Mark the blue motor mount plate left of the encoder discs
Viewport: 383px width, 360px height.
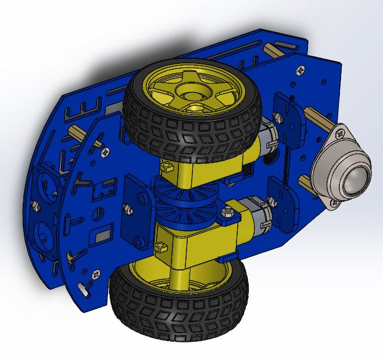[138, 212]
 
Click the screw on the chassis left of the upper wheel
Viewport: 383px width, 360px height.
[105, 152]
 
